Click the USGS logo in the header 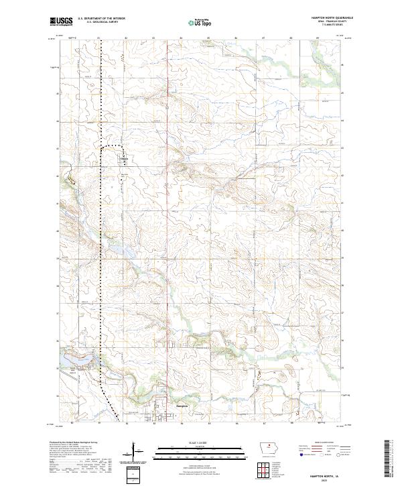[x=61, y=22]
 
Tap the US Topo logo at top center [x=200, y=21]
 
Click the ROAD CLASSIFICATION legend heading [x=322, y=443]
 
